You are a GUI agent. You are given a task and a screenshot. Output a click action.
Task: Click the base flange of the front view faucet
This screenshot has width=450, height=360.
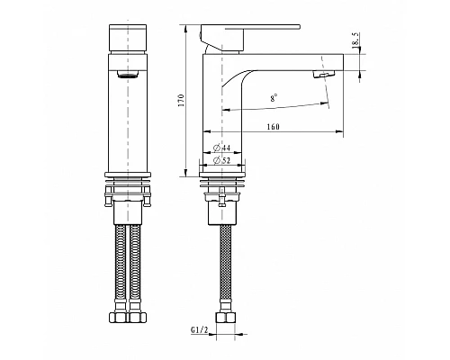pyautogui.click(x=128, y=173)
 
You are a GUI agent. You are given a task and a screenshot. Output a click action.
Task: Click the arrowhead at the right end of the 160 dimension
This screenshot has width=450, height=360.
pyautogui.click(x=342, y=134)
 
